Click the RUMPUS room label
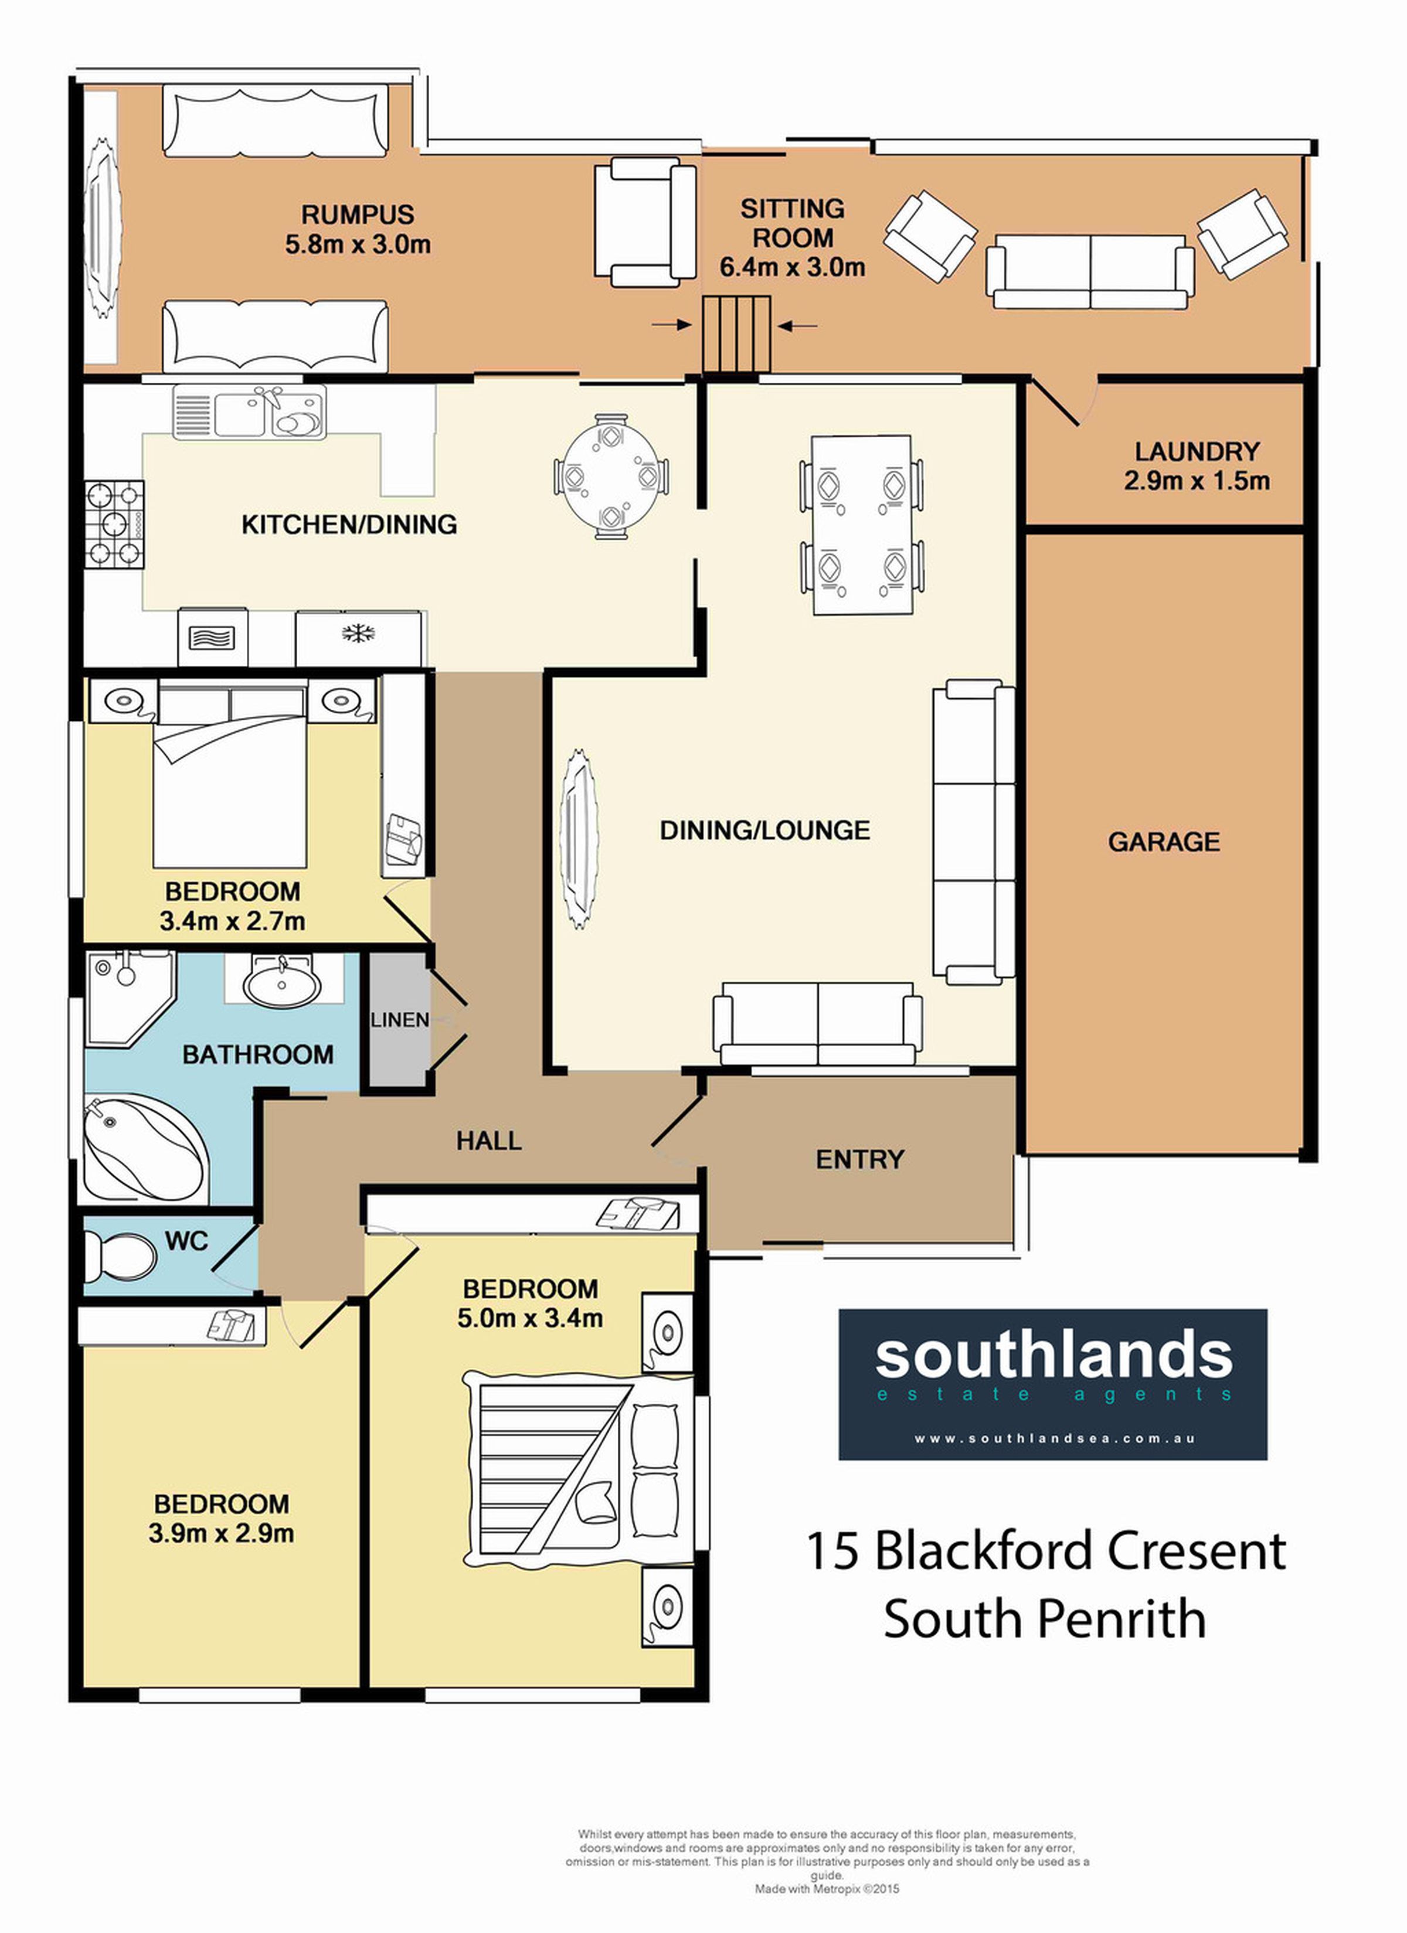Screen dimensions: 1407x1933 [357, 214]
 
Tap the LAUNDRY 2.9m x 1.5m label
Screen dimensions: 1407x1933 [1197, 465]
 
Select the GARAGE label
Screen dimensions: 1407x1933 [1163, 842]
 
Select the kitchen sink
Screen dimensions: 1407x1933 [249, 413]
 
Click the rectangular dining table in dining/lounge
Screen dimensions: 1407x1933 [861, 524]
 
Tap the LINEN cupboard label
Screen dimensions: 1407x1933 [400, 1019]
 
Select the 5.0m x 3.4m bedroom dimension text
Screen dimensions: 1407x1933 [531, 1319]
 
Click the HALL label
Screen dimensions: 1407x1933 [488, 1141]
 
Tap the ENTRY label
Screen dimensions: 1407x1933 [859, 1159]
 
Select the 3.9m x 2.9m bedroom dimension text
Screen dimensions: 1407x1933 [222, 1534]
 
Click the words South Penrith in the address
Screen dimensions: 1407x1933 [1045, 1619]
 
